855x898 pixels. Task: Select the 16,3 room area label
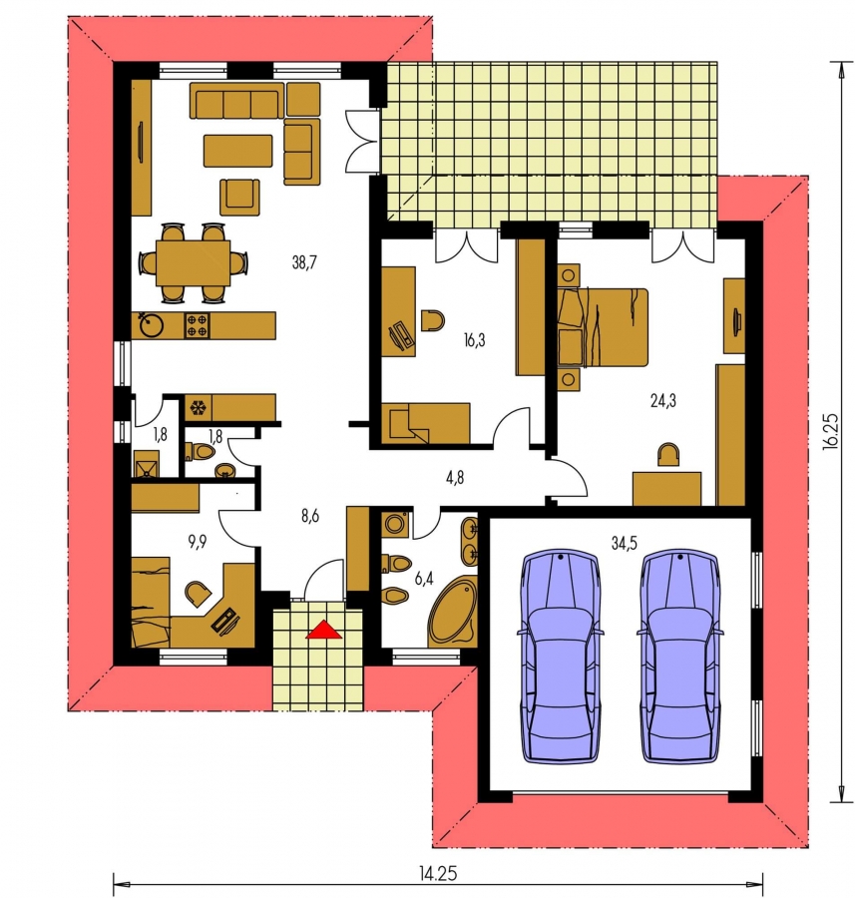coord(474,340)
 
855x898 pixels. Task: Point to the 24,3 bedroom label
coord(663,400)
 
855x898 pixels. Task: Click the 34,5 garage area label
coord(625,543)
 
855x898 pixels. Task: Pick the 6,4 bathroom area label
coord(424,579)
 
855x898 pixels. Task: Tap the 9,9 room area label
coord(197,542)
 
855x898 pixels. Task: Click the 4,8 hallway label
coord(454,477)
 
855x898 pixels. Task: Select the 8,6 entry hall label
coord(310,516)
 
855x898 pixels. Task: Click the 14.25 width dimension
coord(438,874)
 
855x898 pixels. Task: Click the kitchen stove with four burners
coord(197,325)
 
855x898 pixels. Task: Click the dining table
coord(193,262)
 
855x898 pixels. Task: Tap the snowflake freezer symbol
coord(198,408)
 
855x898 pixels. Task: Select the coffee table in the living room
coord(237,151)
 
